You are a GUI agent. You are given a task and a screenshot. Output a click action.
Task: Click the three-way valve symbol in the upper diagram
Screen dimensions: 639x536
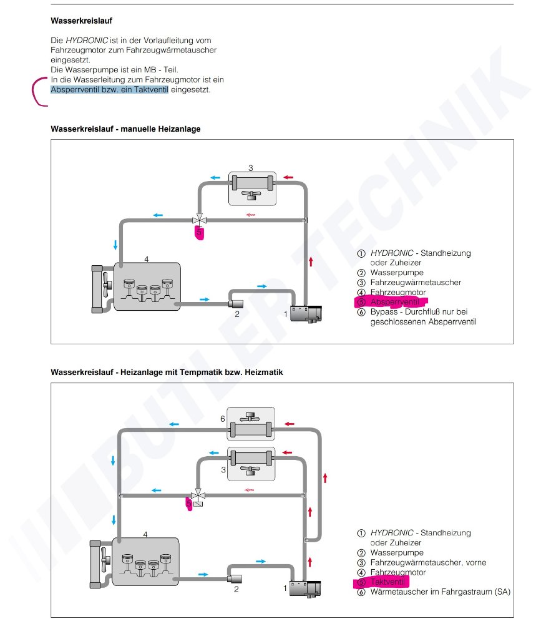click(200, 220)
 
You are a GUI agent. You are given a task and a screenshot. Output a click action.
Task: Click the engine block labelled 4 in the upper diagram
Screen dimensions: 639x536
click(147, 286)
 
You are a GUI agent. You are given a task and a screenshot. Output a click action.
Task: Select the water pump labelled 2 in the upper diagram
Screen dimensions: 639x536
click(236, 304)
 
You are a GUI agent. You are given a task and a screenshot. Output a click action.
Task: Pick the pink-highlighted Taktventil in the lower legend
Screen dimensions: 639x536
click(387, 582)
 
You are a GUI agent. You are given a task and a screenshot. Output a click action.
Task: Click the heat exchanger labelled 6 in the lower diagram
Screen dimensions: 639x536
click(250, 428)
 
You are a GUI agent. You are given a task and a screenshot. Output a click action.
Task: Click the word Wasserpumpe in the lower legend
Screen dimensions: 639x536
click(396, 553)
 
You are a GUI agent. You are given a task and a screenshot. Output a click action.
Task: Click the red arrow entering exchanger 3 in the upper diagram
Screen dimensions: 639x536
click(288, 178)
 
